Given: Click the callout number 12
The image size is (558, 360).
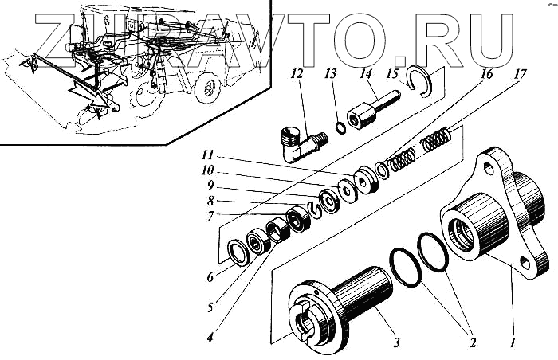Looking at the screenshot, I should coord(297,73).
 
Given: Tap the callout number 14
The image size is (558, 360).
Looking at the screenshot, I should coord(366,73).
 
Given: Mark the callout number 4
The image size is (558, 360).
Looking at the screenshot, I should coord(209,337).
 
